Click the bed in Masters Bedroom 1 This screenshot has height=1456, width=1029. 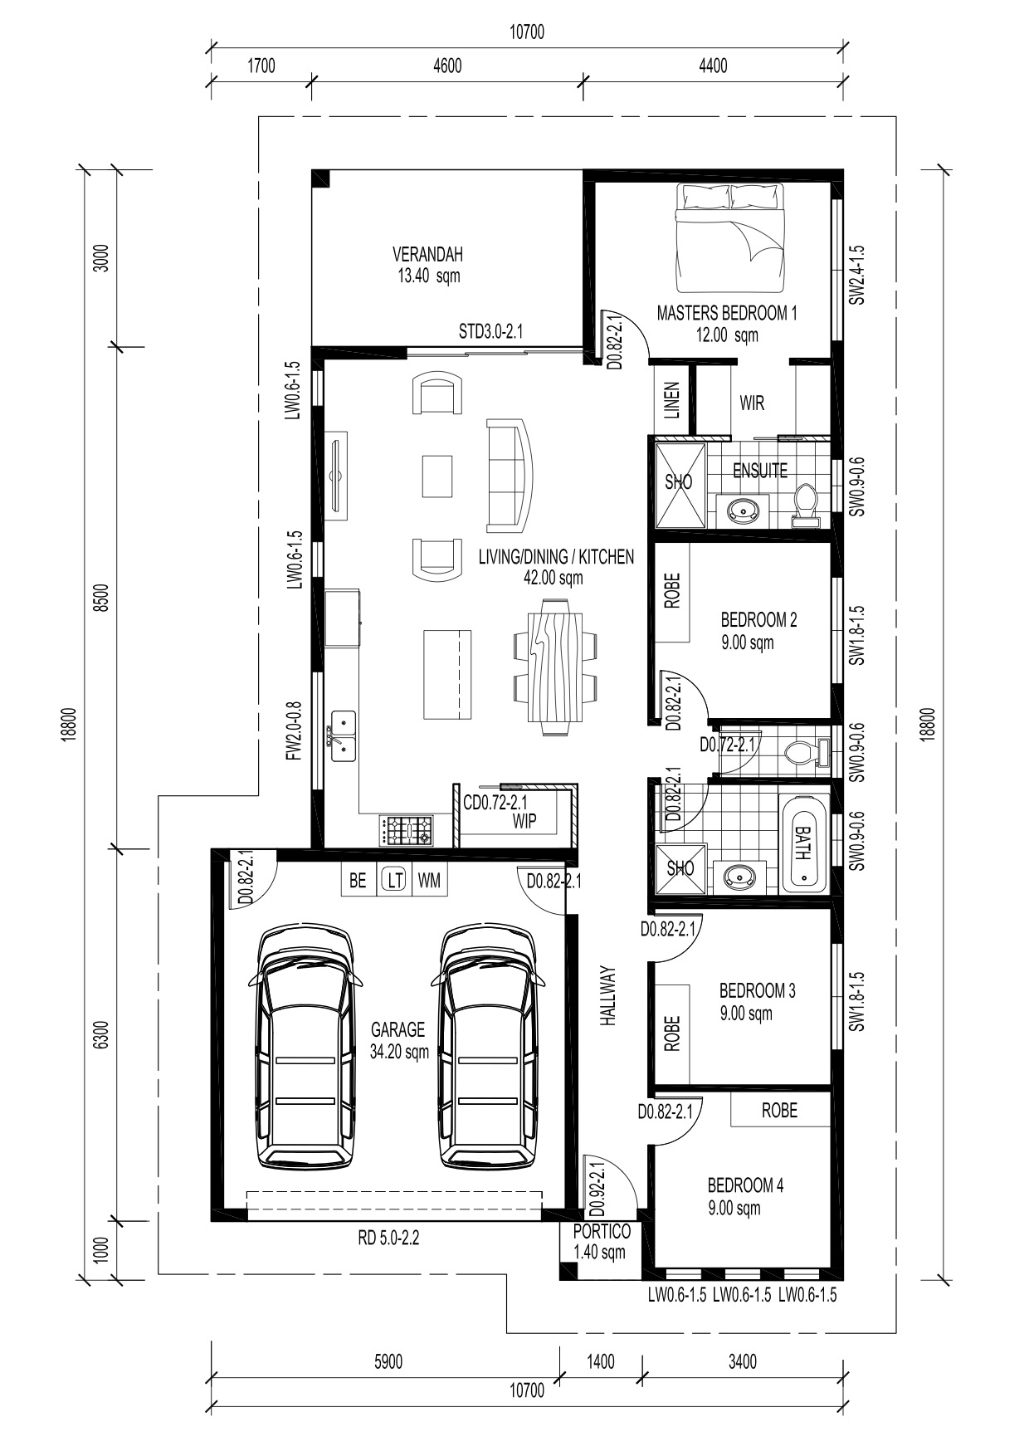729,238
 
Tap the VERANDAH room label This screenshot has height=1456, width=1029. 427,254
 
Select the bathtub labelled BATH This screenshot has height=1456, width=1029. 803,843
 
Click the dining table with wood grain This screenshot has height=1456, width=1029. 554,667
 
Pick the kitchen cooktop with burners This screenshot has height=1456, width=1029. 407,830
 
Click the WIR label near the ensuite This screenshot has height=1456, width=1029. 752,403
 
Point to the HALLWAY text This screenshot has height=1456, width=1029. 609,996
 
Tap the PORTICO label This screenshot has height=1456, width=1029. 602,1232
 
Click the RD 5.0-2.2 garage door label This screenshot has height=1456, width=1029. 388,1239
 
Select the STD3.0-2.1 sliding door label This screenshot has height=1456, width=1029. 491,332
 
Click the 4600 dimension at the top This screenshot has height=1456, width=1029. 447,66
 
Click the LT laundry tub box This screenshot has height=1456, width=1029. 394,881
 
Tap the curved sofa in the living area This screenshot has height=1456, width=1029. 511,476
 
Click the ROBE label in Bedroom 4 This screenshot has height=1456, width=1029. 779,1111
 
